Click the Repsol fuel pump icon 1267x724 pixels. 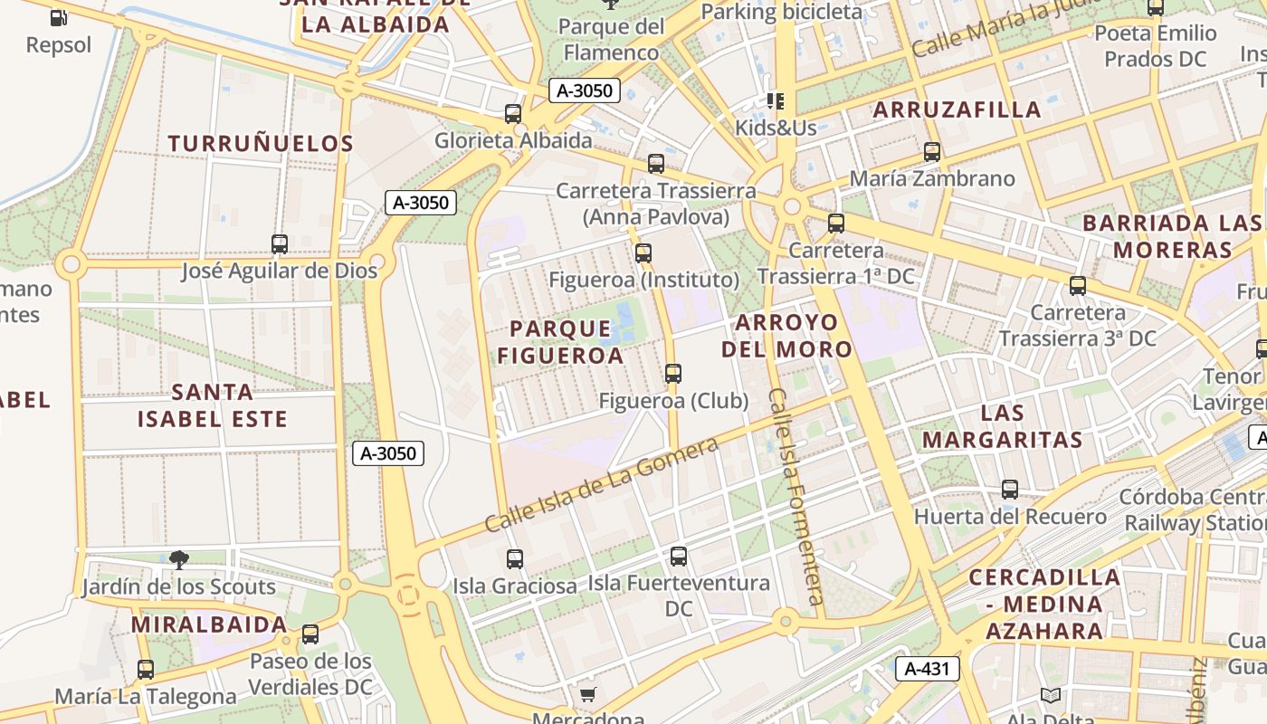coord(59,17)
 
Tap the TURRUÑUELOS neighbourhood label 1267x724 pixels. coord(261,143)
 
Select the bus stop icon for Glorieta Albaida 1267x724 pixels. coord(513,114)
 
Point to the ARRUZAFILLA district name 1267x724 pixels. coord(957,110)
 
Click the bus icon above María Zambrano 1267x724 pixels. coord(932,152)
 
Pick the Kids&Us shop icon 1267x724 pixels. coord(775,100)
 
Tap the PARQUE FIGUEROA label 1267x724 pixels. coord(560,341)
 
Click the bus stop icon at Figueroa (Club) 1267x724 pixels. coord(672,373)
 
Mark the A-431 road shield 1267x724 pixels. coord(928,669)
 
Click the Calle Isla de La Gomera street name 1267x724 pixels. coord(601,484)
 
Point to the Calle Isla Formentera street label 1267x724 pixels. coord(796,497)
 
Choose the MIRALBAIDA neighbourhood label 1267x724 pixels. coord(209,624)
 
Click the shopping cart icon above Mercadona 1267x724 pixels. coord(588,695)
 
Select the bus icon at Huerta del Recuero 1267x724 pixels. coord(1010,490)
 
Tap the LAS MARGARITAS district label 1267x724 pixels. coord(1002,427)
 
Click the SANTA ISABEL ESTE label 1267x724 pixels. coord(213,405)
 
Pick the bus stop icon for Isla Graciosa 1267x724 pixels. coord(515,559)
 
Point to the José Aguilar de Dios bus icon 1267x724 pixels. coord(280,244)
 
